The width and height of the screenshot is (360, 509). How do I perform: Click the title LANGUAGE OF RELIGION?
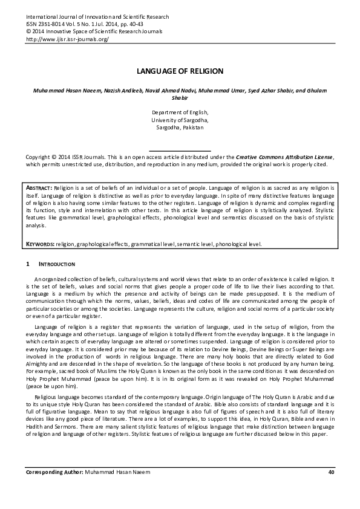180,71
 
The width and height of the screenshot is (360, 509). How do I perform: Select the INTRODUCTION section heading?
57,265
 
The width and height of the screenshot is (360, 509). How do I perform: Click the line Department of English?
180,112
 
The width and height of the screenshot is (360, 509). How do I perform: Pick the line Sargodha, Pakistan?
180,128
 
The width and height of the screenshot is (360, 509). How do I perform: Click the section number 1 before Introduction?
27,265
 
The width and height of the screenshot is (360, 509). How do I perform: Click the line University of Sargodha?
180,120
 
